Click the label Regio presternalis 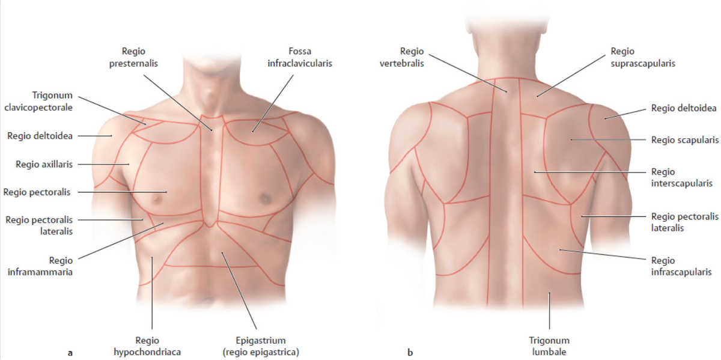point(133,57)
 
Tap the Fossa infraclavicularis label point(300,57)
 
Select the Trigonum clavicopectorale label point(38,101)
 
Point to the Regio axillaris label point(44,164)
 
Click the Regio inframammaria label point(40,266)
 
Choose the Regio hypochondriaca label point(147,346)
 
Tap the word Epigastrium point(261,341)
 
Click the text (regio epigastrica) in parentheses point(261,352)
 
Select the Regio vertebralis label point(402,57)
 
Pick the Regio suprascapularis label point(643,57)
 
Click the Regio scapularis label point(684,140)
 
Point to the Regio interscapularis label point(682,177)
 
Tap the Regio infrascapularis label point(681,266)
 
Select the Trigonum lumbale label point(549,346)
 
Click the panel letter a point(70,353)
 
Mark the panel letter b point(410,352)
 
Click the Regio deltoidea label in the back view point(684,108)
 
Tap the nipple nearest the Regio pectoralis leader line point(157,200)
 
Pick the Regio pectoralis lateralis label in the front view point(39,225)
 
